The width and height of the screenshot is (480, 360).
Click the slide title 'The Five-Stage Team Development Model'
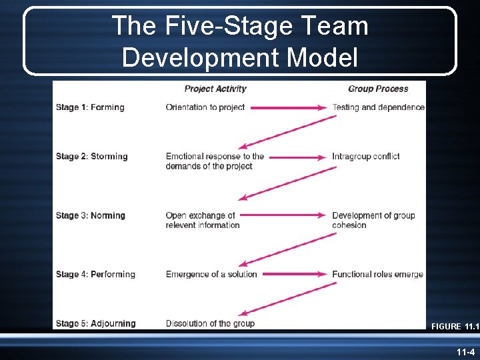(240, 41)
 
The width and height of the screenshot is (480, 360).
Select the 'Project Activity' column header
(215, 89)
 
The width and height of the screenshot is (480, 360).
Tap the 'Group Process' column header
(378, 89)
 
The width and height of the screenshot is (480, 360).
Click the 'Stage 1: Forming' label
(90, 107)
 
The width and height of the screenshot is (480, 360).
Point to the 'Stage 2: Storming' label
(91, 157)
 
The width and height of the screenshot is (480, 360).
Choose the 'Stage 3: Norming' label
(90, 215)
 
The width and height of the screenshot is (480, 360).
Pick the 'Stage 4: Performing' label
(95, 274)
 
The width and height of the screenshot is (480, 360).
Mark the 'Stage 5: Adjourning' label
(95, 323)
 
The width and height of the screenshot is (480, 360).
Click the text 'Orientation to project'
(205, 107)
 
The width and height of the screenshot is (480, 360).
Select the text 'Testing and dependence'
(378, 107)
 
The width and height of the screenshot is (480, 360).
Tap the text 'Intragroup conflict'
(366, 157)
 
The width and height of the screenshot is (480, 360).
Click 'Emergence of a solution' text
(211, 274)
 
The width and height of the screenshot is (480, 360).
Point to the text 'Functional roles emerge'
(377, 274)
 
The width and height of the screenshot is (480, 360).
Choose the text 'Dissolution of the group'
(210, 323)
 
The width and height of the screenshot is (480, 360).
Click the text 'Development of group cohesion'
(373, 220)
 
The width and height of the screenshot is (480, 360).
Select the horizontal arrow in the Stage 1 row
(288, 107)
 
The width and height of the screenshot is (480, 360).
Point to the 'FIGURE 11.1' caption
(455, 327)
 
